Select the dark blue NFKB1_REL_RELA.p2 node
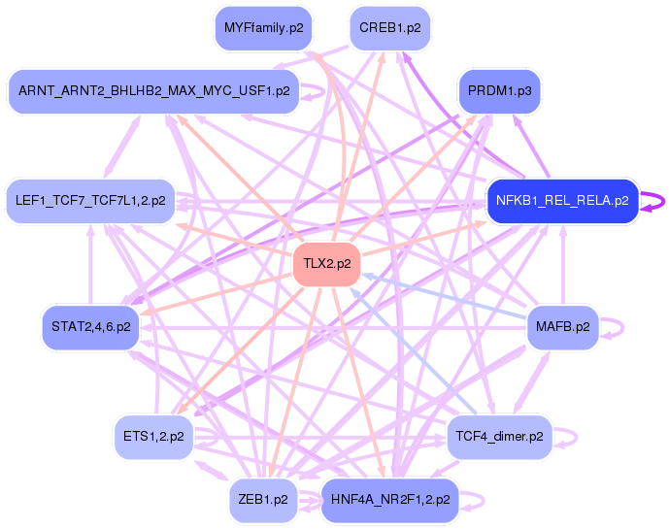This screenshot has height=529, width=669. (x=562, y=202)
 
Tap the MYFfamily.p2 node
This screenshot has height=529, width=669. (x=263, y=28)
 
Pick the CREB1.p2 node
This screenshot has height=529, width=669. (x=389, y=28)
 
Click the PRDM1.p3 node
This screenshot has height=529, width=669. (x=499, y=91)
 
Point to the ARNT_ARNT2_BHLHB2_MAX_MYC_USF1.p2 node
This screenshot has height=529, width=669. (x=153, y=91)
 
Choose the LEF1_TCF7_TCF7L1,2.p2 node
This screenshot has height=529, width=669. (x=90, y=202)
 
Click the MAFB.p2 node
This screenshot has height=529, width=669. (x=562, y=326)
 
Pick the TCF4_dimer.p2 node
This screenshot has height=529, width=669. (x=499, y=438)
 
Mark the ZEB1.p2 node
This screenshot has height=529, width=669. (x=263, y=500)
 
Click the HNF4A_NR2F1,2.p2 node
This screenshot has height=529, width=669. (x=389, y=500)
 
